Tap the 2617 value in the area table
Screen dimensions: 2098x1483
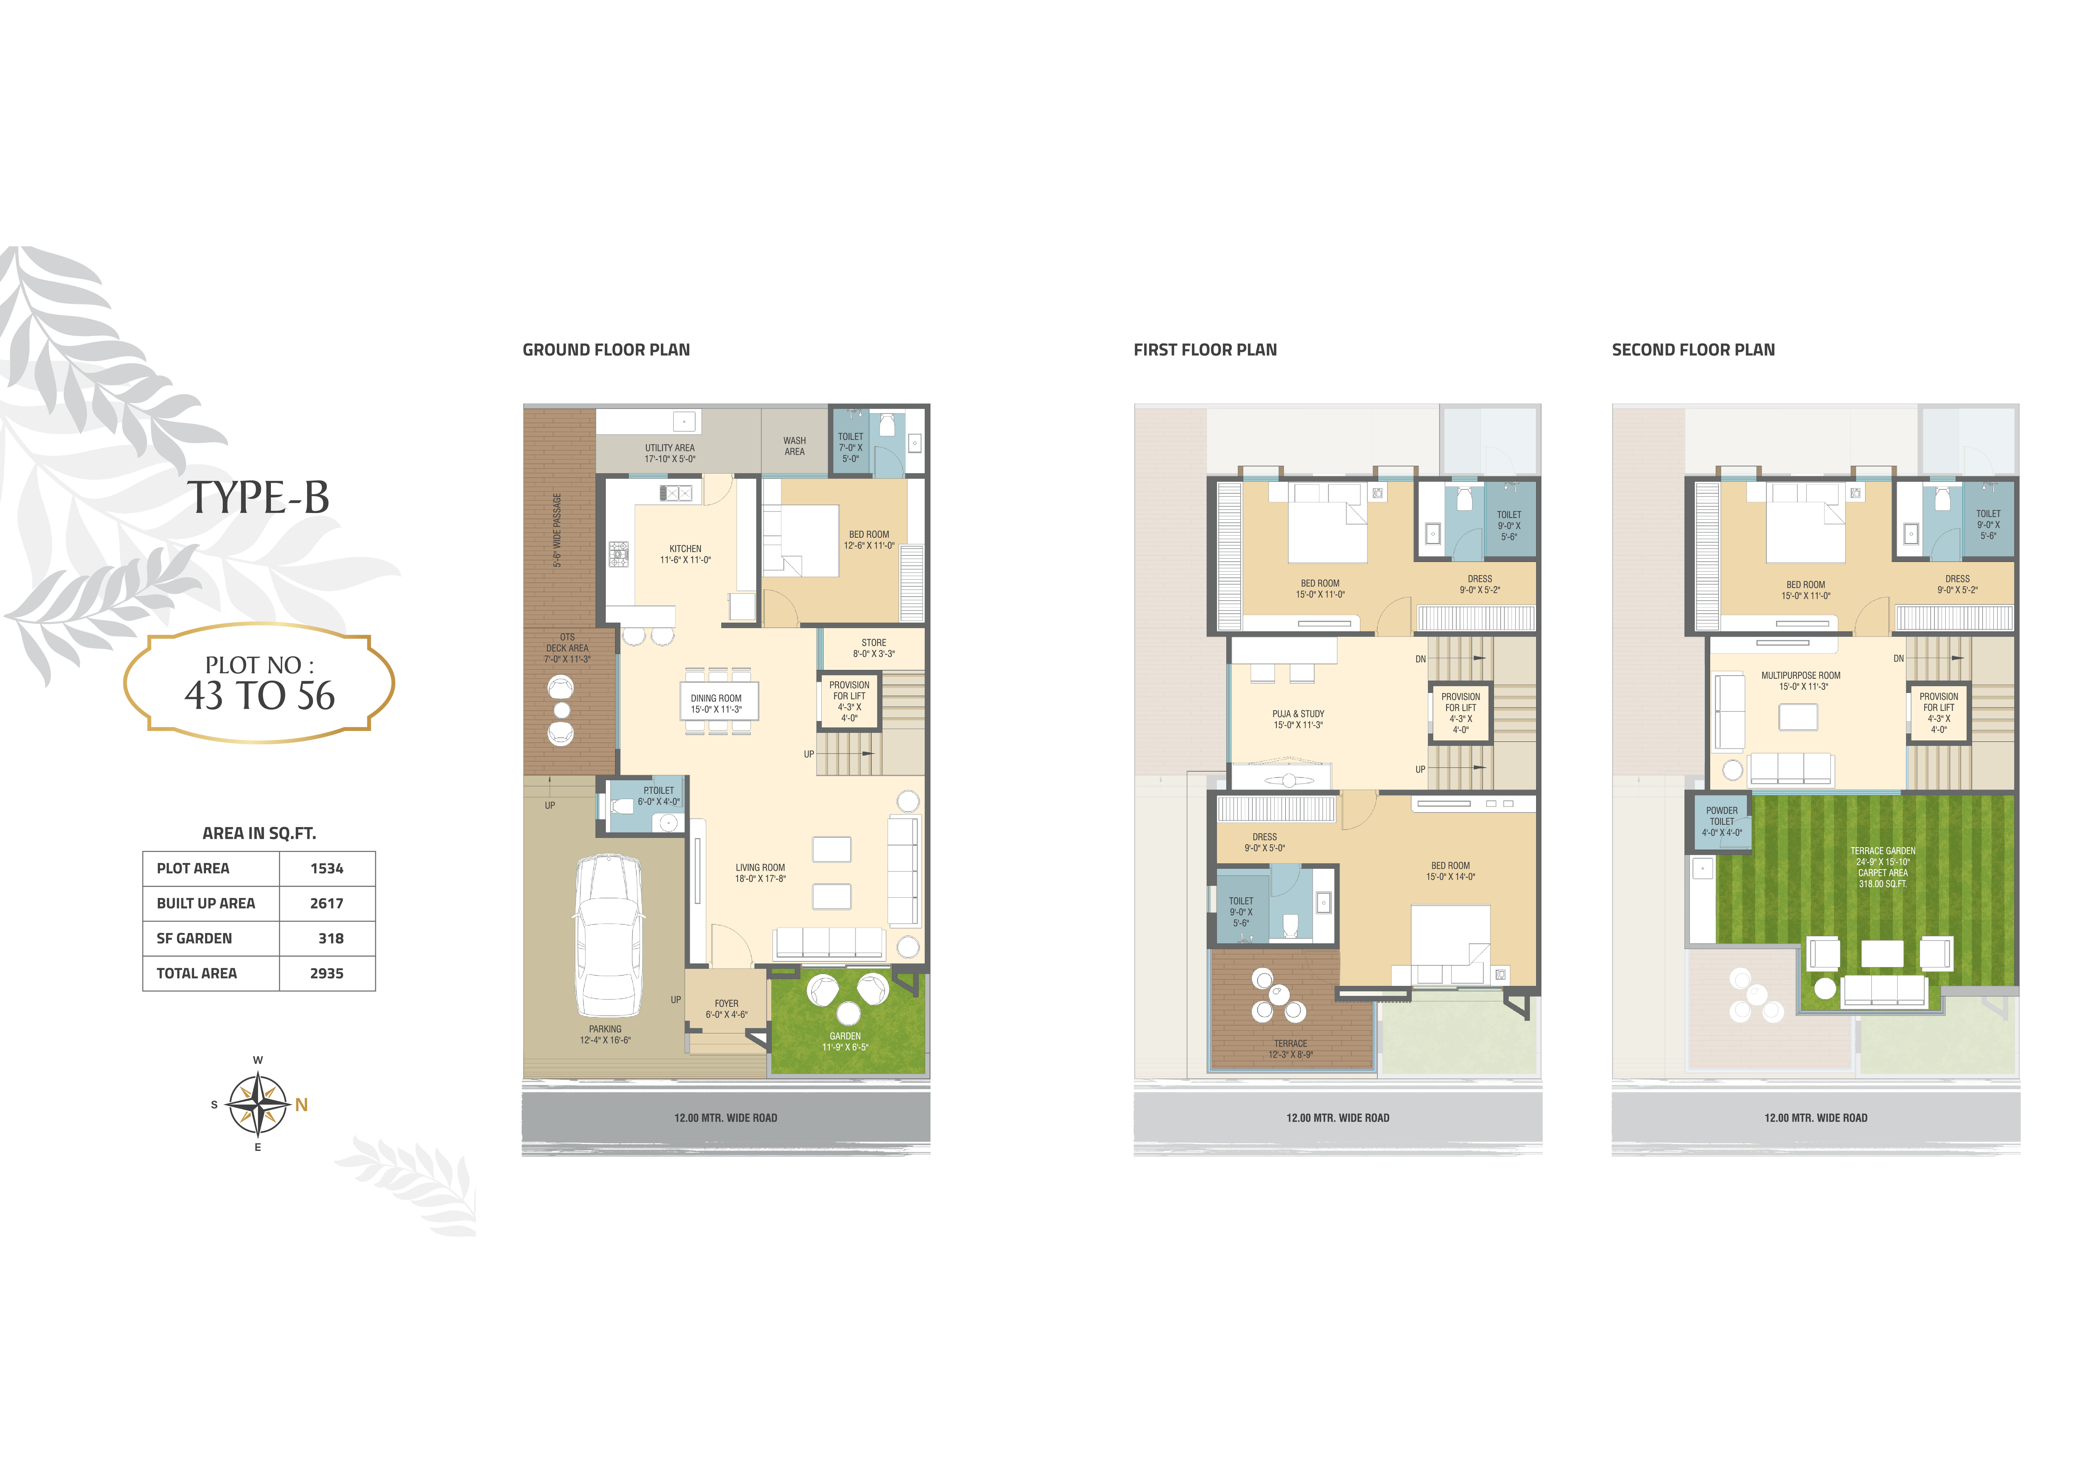point(326,903)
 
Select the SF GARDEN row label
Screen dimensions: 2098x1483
point(194,938)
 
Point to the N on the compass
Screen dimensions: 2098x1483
point(301,1105)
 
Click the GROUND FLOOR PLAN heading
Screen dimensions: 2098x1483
point(606,350)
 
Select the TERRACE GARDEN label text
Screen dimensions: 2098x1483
point(1882,851)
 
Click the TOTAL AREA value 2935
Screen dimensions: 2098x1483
point(326,973)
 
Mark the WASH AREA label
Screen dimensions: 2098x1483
point(794,446)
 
